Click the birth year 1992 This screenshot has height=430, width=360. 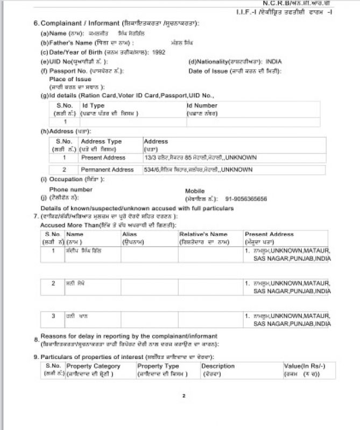click(x=159, y=52)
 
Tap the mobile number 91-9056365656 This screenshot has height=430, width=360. click(x=246, y=199)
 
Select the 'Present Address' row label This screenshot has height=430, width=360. click(x=103, y=158)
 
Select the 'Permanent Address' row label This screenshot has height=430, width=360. click(x=107, y=170)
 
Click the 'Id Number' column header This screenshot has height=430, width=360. click(x=202, y=106)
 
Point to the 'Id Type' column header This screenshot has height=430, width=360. click(x=93, y=106)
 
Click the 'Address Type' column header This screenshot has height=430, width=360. click(x=101, y=141)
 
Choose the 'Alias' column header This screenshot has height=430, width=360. click(x=130, y=234)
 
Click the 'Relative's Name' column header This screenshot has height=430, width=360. click(x=203, y=234)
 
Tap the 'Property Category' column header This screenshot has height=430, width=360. click(x=93, y=366)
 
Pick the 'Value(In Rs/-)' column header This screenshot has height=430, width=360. click(x=304, y=366)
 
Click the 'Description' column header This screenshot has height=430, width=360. click(x=218, y=366)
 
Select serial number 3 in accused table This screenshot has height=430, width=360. click(x=53, y=316)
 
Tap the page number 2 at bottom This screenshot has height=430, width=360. click(x=183, y=396)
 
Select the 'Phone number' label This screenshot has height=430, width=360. click(x=70, y=190)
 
